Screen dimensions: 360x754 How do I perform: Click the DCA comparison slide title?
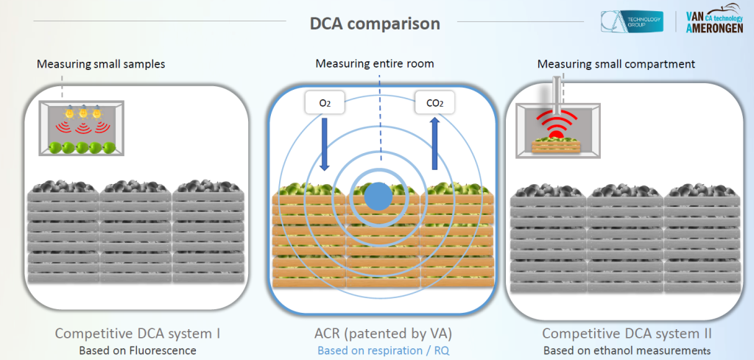click(376, 24)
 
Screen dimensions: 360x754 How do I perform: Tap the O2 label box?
click(325, 103)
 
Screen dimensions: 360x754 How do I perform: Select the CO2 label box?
click(434, 103)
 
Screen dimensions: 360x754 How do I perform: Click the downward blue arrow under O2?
click(325, 143)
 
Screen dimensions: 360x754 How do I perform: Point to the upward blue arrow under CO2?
click(434, 143)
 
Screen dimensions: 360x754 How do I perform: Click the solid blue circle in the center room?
click(378, 196)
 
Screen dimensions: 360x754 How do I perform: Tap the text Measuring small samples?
click(101, 64)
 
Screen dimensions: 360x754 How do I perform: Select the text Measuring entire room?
click(375, 63)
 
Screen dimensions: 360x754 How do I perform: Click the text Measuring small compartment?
click(616, 64)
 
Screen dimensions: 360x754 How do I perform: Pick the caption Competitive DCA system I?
click(138, 333)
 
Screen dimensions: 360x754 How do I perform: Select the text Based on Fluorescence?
click(138, 350)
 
